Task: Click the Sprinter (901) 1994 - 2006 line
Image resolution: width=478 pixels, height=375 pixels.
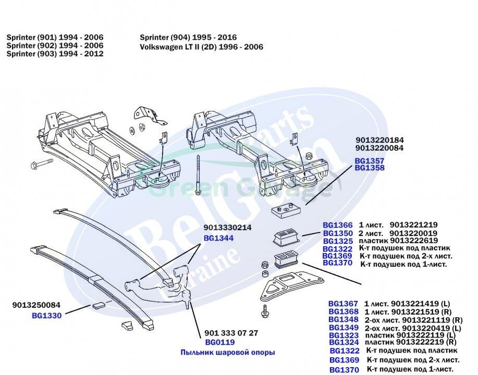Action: point(55,37)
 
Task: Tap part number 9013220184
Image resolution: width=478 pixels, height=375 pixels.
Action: point(379,140)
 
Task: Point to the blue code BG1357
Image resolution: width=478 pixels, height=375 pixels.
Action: point(370,161)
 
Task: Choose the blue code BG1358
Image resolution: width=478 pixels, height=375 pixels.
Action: point(370,168)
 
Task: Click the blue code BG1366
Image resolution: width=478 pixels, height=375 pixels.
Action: point(338,225)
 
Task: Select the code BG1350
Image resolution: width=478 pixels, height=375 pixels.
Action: point(338,233)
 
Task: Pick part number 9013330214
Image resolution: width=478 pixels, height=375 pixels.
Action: point(227,228)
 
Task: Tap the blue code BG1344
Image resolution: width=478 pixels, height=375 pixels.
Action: point(218,238)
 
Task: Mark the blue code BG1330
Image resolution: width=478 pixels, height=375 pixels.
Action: point(46,315)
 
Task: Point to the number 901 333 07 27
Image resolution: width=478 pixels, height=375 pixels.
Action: point(231,333)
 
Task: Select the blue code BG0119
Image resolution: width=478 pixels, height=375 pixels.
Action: point(220,342)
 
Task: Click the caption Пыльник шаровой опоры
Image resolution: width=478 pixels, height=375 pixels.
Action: point(228,353)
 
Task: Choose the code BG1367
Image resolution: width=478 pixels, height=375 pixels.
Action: point(343,303)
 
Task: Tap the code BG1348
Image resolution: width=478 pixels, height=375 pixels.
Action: point(343,319)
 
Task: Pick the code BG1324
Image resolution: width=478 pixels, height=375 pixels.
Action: point(343,342)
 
